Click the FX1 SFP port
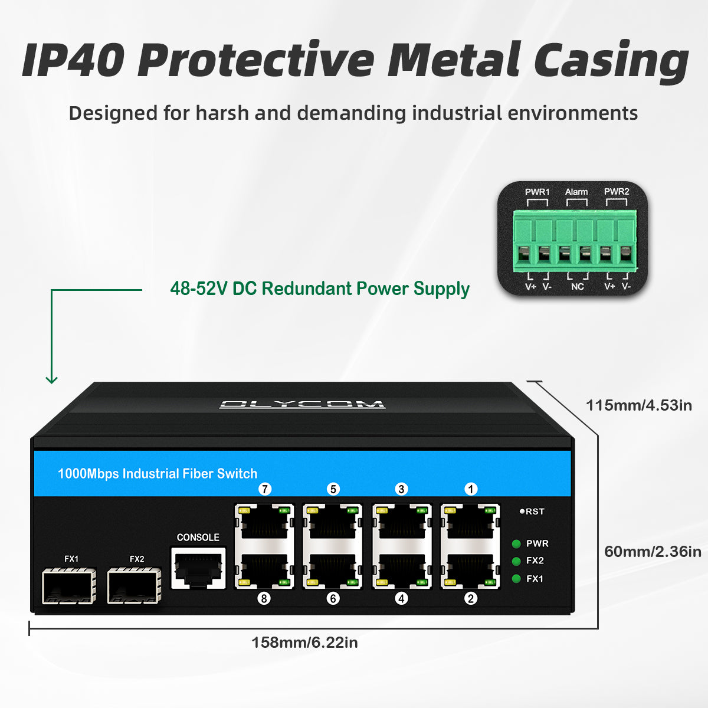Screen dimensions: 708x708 pos(69,586)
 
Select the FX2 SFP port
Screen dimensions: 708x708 pos(135,586)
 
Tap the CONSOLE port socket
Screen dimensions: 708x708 pos(198,568)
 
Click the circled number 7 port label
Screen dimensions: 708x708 pos(265,489)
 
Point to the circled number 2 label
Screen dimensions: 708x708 pos(470,598)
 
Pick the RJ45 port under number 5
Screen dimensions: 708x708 pos(333,522)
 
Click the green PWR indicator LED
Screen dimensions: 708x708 pos(516,544)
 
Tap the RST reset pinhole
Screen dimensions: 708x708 pos(522,512)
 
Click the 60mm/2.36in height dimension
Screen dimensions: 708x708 pos(653,552)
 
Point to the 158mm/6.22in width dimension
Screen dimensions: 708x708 pos(304,643)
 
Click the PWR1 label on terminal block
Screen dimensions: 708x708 pos(537,192)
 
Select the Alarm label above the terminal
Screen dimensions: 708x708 pos(576,192)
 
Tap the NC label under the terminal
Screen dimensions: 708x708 pos(577,287)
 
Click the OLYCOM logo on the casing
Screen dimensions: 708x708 pos(302,405)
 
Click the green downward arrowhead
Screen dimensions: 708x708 pos(52,379)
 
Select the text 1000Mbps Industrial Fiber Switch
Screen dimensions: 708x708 pos(158,474)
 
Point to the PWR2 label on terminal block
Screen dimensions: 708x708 pos(617,192)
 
